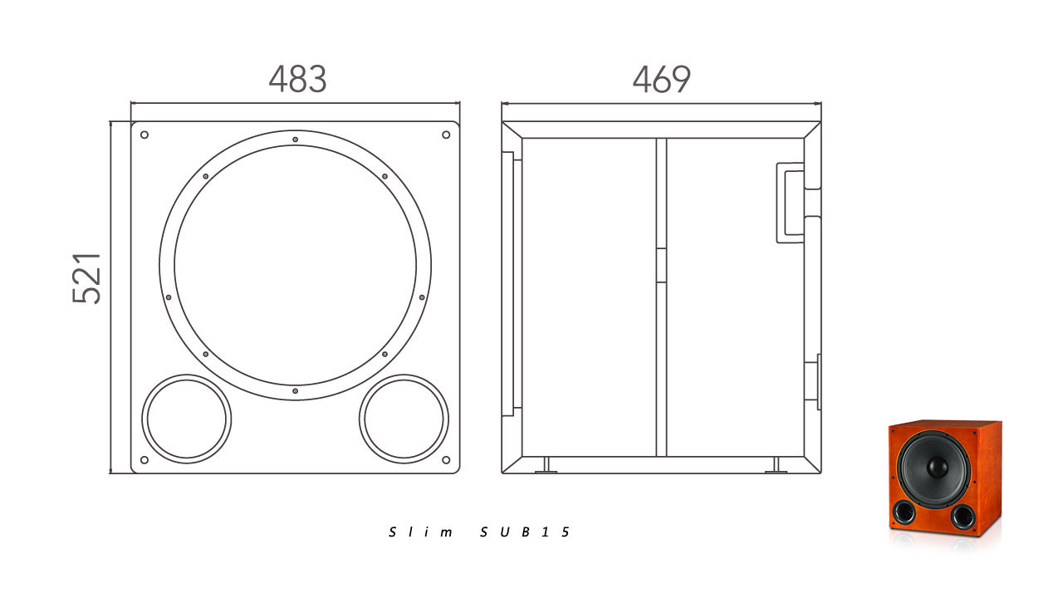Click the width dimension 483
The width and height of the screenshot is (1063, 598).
[x=297, y=79]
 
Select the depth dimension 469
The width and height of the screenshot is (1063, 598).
[x=662, y=79]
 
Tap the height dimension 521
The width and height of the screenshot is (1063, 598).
[x=86, y=278]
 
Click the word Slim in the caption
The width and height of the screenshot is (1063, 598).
[x=420, y=532]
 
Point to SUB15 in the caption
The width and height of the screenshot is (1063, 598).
[x=524, y=532]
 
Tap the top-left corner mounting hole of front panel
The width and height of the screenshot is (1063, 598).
[x=145, y=135]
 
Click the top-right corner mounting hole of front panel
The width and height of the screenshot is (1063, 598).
[x=446, y=135]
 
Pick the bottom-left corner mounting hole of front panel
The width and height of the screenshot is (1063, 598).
[x=145, y=460]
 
